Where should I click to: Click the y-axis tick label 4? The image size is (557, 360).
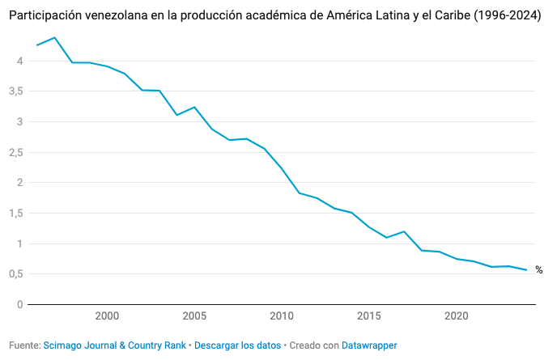pos(18,61)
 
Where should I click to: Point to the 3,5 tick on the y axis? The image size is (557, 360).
pos(15,91)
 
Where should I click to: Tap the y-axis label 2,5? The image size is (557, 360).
pos(15,152)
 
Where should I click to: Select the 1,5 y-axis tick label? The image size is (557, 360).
pos(15,214)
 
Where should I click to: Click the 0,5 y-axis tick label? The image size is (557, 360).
pos(15,274)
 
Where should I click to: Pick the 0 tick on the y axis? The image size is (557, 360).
pos(18,305)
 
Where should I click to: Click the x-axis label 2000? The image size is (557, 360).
pos(107,316)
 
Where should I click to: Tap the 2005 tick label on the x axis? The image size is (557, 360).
pos(194,316)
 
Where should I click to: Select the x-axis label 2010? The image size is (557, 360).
pos(282,316)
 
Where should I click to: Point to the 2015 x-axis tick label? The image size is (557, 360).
pos(368,316)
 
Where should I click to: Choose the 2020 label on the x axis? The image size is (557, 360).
pos(456,316)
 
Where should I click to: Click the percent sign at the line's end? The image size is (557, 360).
pos(538,270)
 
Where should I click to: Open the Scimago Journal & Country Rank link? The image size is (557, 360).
pos(115,345)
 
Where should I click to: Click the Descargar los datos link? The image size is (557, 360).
pos(237,345)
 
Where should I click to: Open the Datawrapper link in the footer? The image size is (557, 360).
pos(369,345)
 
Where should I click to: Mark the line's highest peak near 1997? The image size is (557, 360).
pos(55,37)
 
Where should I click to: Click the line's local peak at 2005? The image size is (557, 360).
pos(194,107)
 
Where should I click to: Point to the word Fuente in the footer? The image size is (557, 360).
pos(23,345)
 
